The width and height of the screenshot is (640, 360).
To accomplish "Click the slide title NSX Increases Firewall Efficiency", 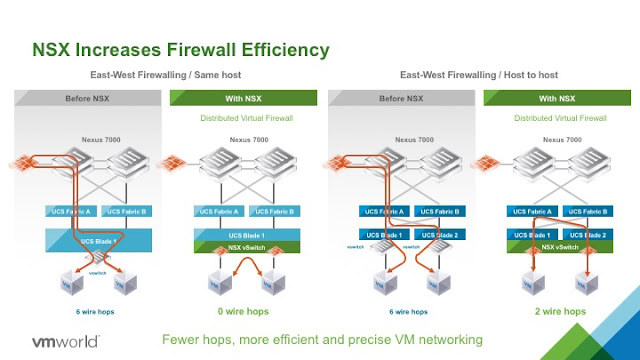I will coord(181,49).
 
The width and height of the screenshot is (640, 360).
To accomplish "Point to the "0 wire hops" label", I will coord(246,311).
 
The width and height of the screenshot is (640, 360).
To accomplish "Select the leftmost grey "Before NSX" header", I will coord(89,98).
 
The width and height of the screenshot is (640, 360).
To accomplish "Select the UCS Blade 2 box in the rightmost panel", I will coord(587,234).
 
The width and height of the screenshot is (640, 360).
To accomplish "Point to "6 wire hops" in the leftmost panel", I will coord(89,311).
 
